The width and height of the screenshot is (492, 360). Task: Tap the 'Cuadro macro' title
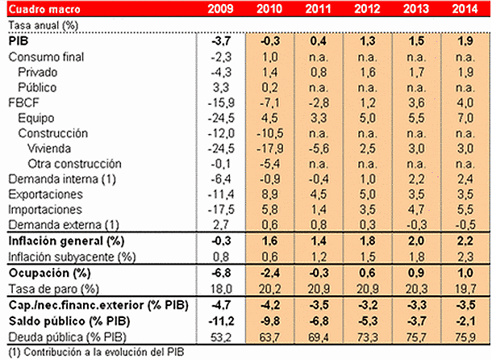(x=38, y=10)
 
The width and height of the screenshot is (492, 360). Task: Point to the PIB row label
(x=17, y=41)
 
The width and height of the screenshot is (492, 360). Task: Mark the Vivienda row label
(x=50, y=149)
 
